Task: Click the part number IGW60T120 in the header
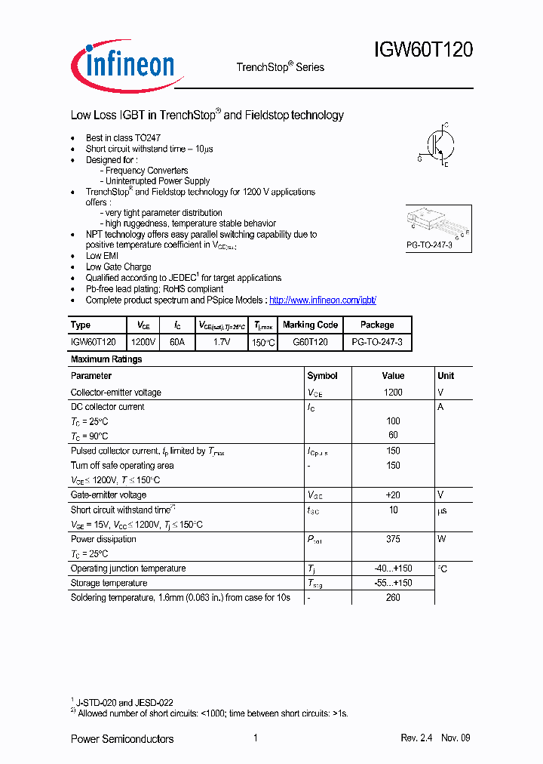(423, 51)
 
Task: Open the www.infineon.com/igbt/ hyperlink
(322, 300)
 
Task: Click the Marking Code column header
(310, 325)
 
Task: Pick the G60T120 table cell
(310, 342)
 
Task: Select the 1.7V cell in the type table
(222, 342)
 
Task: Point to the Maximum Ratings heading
(106, 359)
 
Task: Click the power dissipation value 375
(393, 539)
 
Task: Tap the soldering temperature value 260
(393, 597)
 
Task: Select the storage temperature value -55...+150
(393, 583)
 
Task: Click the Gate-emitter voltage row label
(109, 495)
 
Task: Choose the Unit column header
(446, 375)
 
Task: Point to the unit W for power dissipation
(442, 539)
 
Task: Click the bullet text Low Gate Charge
(118, 266)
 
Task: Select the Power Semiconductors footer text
(122, 738)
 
